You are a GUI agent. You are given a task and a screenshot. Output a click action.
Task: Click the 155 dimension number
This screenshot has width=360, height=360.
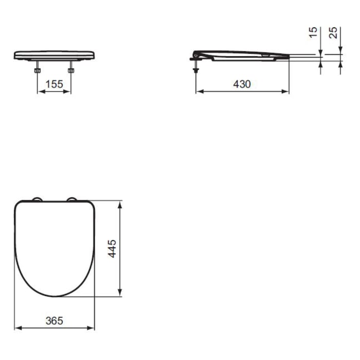(53, 84)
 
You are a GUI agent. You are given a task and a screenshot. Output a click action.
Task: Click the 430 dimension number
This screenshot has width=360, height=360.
(242, 84)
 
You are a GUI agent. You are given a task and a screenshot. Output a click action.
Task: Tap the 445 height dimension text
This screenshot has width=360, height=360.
(113, 249)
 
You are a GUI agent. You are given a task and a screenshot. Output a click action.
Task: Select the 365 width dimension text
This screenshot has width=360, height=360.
(53, 320)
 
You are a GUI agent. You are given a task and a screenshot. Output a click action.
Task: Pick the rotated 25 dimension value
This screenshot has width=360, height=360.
(334, 33)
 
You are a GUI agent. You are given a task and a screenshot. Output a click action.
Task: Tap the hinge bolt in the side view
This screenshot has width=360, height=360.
(196, 66)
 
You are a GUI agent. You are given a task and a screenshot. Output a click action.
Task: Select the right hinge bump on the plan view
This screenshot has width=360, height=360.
(72, 199)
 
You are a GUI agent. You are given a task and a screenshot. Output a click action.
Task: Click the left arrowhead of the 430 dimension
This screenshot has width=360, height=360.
(199, 92)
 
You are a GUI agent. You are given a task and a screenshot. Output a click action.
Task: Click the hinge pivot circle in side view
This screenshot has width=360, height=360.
(196, 53)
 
